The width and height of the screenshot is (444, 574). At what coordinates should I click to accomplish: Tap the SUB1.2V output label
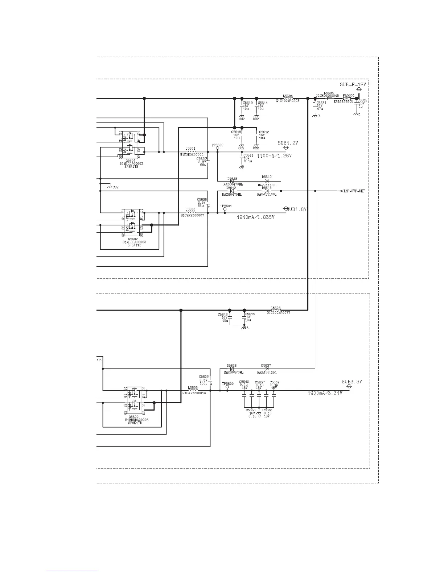pyautogui.click(x=288, y=143)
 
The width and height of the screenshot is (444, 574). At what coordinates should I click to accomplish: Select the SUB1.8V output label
pyautogui.click(x=297, y=209)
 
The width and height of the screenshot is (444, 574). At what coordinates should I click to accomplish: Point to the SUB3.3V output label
pyautogui.click(x=352, y=382)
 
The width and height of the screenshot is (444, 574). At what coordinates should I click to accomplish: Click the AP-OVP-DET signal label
pyautogui.click(x=354, y=191)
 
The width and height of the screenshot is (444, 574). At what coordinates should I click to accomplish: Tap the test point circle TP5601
pyautogui.click(x=225, y=209)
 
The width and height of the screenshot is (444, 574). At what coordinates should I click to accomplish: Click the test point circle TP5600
pyautogui.click(x=227, y=387)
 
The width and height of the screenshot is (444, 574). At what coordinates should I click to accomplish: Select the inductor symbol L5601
pyautogui.click(x=190, y=152)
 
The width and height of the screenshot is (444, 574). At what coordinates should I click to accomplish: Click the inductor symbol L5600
pyautogui.click(x=190, y=213)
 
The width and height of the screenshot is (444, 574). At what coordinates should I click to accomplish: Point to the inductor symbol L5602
pyautogui.click(x=193, y=391)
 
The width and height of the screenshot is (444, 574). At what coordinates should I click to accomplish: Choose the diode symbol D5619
pyautogui.click(x=267, y=181)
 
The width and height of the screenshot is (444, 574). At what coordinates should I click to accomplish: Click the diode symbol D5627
pyautogui.click(x=267, y=369)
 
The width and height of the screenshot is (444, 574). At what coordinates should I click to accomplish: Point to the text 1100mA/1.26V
pyautogui.click(x=274, y=156)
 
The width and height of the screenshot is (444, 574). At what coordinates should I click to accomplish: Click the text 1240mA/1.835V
pyautogui.click(x=255, y=217)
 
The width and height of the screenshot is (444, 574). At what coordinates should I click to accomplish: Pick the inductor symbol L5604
pyautogui.click(x=288, y=98)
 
